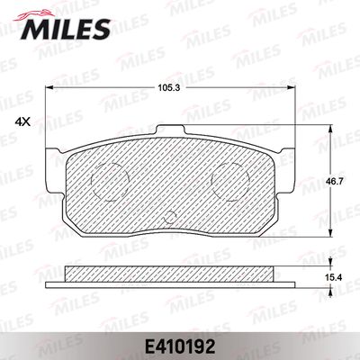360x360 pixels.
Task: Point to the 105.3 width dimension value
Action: click(169, 87)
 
